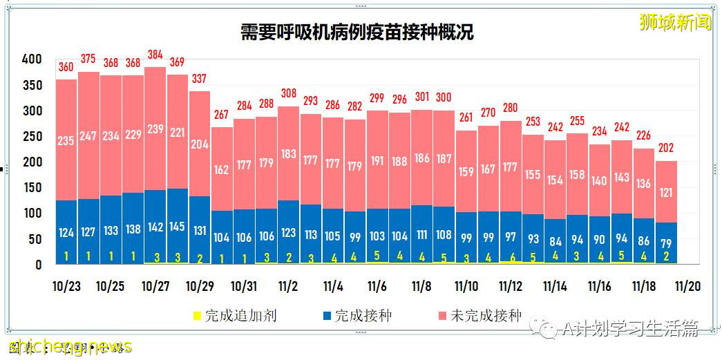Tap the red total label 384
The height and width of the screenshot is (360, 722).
155,55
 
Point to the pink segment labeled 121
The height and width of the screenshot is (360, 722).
666,192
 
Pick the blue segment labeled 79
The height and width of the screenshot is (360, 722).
666,242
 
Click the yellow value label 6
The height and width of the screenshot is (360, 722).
511,256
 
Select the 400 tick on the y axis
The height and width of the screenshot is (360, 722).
32,59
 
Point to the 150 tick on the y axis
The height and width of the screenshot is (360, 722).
32,188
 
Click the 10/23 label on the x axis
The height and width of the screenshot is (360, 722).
66,286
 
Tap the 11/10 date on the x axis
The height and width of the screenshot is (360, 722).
466,286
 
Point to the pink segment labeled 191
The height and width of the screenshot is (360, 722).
377,160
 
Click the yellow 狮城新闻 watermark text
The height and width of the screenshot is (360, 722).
674,22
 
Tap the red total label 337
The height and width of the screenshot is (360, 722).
199,78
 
